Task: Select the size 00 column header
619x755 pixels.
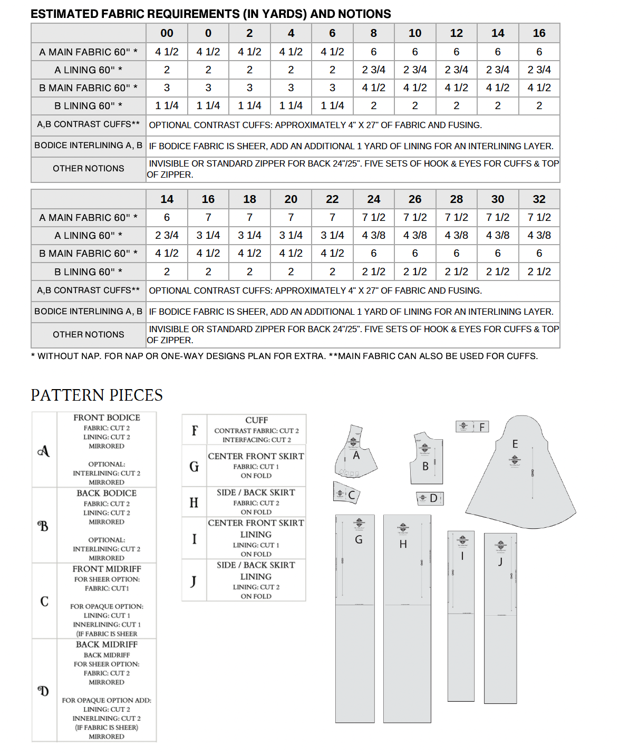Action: tap(167, 33)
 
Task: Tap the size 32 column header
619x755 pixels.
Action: tap(539, 199)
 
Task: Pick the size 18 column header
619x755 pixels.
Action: tap(249, 199)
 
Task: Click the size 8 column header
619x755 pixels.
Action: tap(373, 33)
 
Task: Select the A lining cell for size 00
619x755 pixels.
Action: tap(167, 70)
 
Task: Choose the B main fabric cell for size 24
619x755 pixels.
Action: tap(373, 254)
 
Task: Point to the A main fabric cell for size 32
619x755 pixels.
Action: tap(539, 217)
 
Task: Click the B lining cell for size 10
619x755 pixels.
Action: tap(415, 105)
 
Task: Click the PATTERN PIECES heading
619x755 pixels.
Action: tap(96, 395)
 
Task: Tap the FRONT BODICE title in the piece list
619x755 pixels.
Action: tap(107, 418)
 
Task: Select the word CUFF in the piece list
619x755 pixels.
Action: tap(256, 420)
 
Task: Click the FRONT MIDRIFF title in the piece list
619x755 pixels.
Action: tap(107, 569)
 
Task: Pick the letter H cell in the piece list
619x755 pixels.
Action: tap(194, 502)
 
